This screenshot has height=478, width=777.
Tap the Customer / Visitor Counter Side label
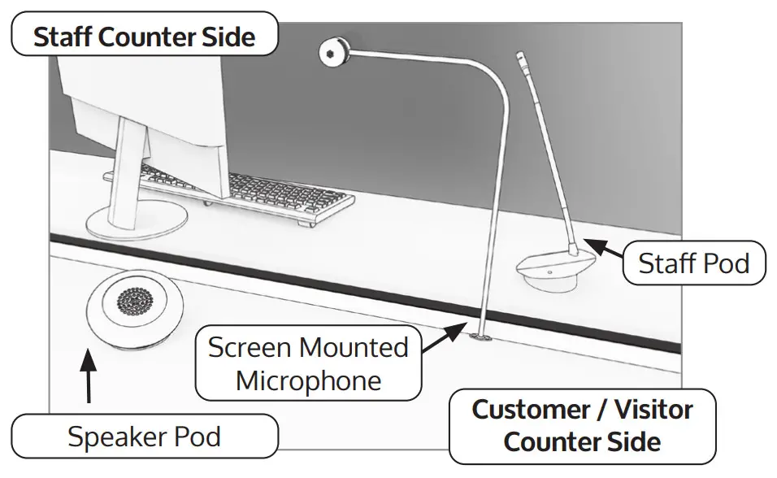tap(582, 425)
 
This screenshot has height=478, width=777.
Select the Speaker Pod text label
tap(144, 437)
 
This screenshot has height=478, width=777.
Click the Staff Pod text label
tap(693, 263)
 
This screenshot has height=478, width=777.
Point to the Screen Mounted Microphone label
tap(308, 364)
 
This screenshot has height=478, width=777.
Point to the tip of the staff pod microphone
tap(521, 58)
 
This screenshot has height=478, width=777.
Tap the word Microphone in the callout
tap(308, 380)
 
